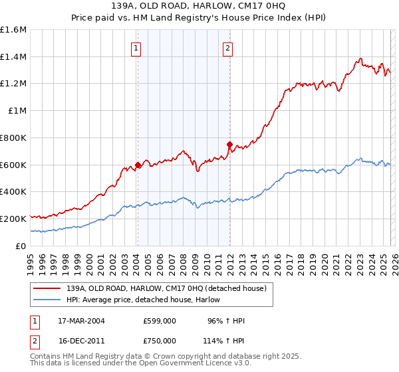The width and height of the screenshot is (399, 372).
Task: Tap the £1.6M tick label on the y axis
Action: pyautogui.click(x=13, y=30)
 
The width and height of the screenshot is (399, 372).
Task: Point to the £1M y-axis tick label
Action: pyautogui.click(x=17, y=111)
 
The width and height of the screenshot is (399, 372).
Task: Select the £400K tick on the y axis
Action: pyautogui.click(x=13, y=192)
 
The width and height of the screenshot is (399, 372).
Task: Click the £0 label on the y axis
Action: pyautogui.click(x=21, y=246)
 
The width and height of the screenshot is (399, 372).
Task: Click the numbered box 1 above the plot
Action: pyautogui.click(x=136, y=47)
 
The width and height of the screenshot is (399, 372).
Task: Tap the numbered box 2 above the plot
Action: pyautogui.click(x=227, y=47)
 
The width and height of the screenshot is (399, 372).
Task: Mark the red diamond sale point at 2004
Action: pyautogui.click(x=138, y=165)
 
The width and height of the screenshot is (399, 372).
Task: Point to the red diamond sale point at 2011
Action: pyautogui.click(x=229, y=144)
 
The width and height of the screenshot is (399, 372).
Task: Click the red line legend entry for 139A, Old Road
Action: pyautogui.click(x=166, y=288)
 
